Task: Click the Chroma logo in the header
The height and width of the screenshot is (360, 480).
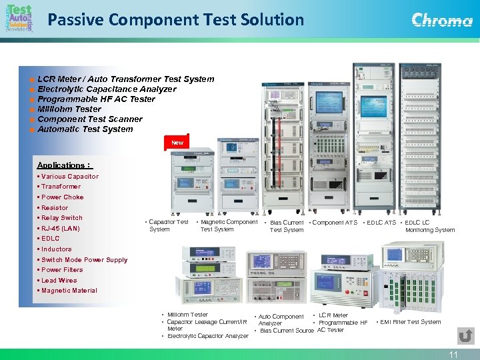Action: pyautogui.click(x=442, y=20)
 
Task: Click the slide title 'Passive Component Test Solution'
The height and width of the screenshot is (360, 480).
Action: pyautogui.click(x=175, y=19)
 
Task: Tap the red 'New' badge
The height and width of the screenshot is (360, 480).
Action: pyautogui.click(x=177, y=143)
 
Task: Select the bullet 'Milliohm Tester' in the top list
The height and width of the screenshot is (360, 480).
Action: pyautogui.click(x=69, y=109)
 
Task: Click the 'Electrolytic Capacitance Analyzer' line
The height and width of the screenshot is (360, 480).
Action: pyautogui.click(x=107, y=89)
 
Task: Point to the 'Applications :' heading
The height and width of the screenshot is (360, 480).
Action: pyautogui.click(x=64, y=165)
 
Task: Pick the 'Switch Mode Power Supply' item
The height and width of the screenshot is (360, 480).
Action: pyautogui.click(x=84, y=259)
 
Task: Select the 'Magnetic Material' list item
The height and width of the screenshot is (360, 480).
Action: pyautogui.click(x=69, y=291)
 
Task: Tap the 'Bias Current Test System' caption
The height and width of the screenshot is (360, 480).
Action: pyautogui.click(x=287, y=226)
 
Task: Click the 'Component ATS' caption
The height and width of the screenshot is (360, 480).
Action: pyautogui.click(x=335, y=223)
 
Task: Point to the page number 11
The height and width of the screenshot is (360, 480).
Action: pyautogui.click(x=453, y=355)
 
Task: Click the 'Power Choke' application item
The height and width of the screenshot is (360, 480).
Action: pyautogui.click(x=62, y=197)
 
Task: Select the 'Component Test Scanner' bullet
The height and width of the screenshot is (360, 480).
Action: pyautogui.click(x=90, y=119)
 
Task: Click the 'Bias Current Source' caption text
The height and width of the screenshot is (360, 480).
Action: pyautogui.click(x=287, y=331)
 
